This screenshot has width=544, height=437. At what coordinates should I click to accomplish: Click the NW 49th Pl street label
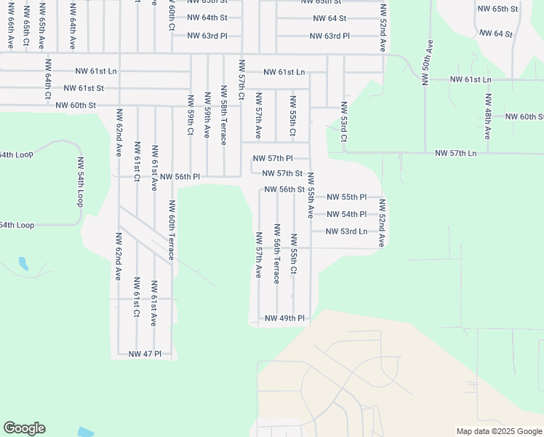point(284,318)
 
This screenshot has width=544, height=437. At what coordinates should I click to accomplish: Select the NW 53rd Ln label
point(346,232)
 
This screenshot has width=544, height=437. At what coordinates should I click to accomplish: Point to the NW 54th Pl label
point(346,214)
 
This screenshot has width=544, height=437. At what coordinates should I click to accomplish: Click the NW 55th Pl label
point(346,197)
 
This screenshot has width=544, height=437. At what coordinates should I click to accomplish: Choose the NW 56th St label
point(284,189)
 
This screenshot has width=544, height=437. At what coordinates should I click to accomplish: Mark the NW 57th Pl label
point(272,158)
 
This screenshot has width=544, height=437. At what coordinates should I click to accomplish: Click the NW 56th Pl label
point(180,177)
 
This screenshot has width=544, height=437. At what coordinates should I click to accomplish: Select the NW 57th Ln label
point(455,153)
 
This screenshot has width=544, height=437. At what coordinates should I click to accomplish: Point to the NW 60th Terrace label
point(172,230)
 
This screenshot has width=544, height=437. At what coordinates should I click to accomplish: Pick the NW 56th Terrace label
point(276,261)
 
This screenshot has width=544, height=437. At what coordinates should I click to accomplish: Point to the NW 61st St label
point(84,88)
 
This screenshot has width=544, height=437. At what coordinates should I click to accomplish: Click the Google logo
point(24,428)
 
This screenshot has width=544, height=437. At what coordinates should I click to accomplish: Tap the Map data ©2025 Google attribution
point(498,431)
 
